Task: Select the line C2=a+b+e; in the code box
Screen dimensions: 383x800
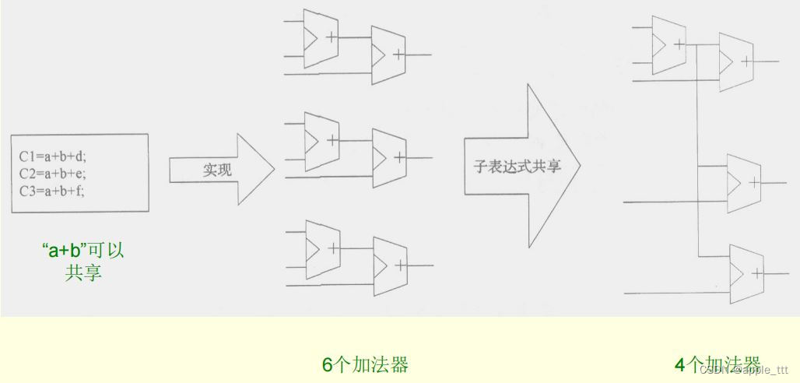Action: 53,173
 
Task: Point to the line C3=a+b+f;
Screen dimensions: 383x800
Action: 52,189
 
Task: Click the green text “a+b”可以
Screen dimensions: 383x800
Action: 82,251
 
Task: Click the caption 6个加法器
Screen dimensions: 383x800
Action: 365,364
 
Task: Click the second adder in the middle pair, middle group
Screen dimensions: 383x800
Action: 388,156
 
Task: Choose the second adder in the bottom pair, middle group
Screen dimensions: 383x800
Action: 389,263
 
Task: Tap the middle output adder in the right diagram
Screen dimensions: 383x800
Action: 742,183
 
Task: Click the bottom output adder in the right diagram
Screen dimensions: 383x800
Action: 746,273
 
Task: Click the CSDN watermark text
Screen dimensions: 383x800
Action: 743,370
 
